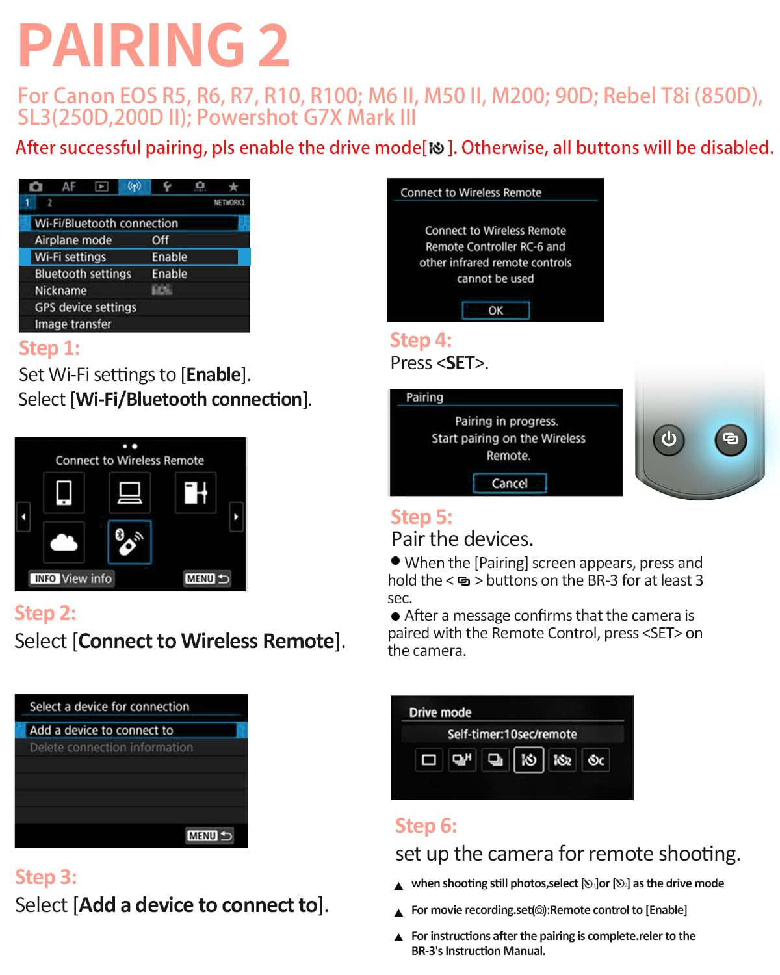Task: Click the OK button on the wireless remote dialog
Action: (x=495, y=310)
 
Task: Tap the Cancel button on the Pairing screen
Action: (x=509, y=483)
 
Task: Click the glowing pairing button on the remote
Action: (x=730, y=439)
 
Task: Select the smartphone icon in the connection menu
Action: (x=64, y=492)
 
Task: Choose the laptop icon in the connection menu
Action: (x=129, y=492)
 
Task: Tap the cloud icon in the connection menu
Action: (x=64, y=541)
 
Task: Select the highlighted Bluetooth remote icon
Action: (x=129, y=541)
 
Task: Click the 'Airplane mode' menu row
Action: (x=134, y=240)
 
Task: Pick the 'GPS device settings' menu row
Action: (x=134, y=307)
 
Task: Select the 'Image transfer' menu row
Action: (x=134, y=324)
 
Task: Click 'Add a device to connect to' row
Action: (x=131, y=729)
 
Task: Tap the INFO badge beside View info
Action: (x=45, y=578)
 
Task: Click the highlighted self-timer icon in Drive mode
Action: (x=528, y=759)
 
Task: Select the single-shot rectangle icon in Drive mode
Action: (x=428, y=759)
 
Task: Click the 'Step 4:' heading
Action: (x=421, y=340)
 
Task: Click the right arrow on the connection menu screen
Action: (x=236, y=517)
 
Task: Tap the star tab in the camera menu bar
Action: (x=233, y=187)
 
